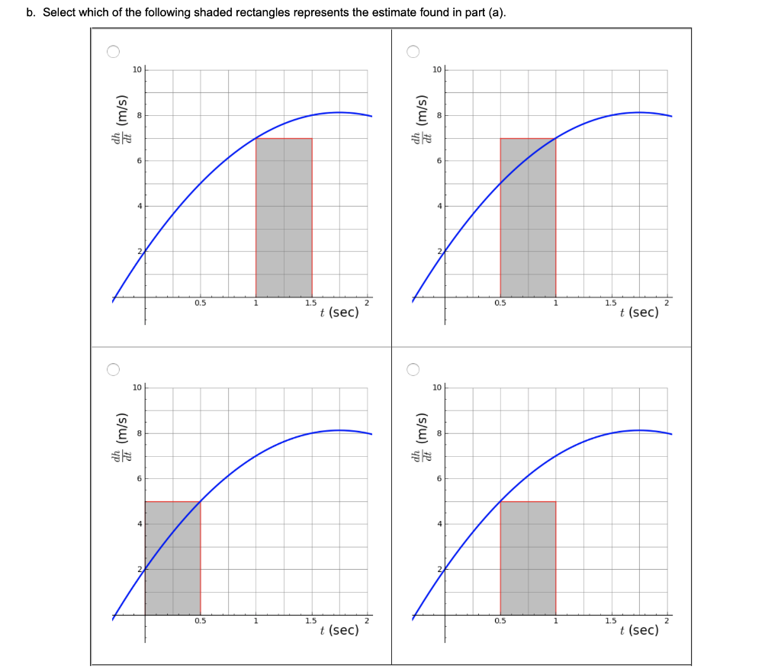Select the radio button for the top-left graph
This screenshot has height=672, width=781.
113,52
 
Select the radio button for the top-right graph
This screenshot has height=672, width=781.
413,52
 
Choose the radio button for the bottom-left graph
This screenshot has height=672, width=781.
113,370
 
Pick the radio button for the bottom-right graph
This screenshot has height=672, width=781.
413,370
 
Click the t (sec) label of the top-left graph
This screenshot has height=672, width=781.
339,313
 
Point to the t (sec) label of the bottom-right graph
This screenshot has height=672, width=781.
639,630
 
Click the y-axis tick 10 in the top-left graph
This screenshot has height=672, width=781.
137,70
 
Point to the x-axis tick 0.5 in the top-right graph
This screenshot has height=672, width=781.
500,304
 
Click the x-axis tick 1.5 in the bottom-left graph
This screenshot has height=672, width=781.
311,622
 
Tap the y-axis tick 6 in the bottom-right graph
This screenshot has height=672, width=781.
439,478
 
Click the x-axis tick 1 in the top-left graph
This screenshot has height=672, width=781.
256,304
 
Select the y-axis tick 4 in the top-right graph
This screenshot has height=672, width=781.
439,206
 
